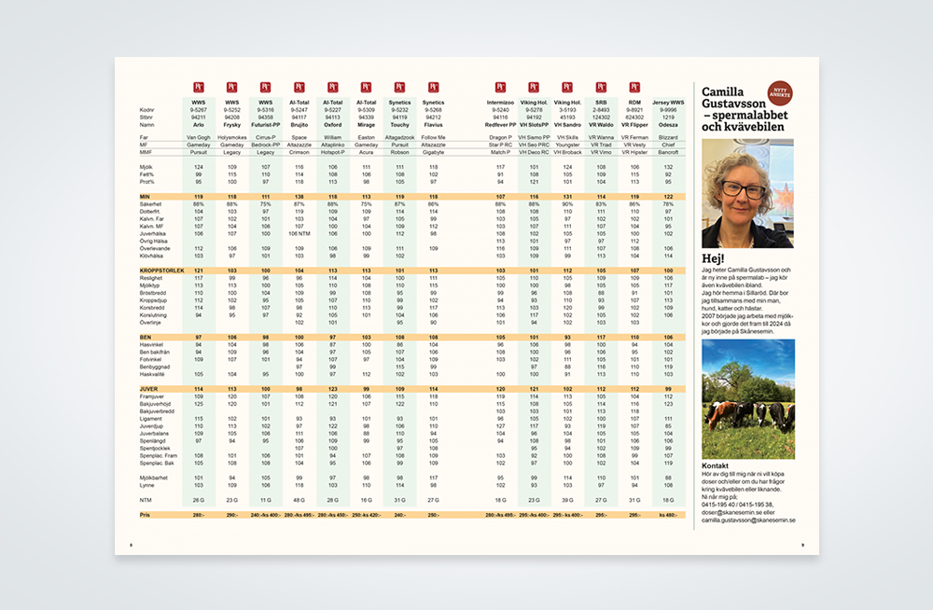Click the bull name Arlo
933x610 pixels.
pos(199,123)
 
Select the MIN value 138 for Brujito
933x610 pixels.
pos(299,198)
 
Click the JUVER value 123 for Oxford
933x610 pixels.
pos(333,389)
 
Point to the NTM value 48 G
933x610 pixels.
pos(299,502)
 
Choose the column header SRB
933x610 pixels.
pos(602,102)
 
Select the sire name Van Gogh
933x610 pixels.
pos(199,137)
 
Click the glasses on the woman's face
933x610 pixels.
pos(744,188)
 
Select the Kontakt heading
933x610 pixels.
pos(716,465)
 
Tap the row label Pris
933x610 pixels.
pos(146,514)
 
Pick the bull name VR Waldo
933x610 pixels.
pos(602,123)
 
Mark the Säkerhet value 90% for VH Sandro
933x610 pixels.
pos(568,204)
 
